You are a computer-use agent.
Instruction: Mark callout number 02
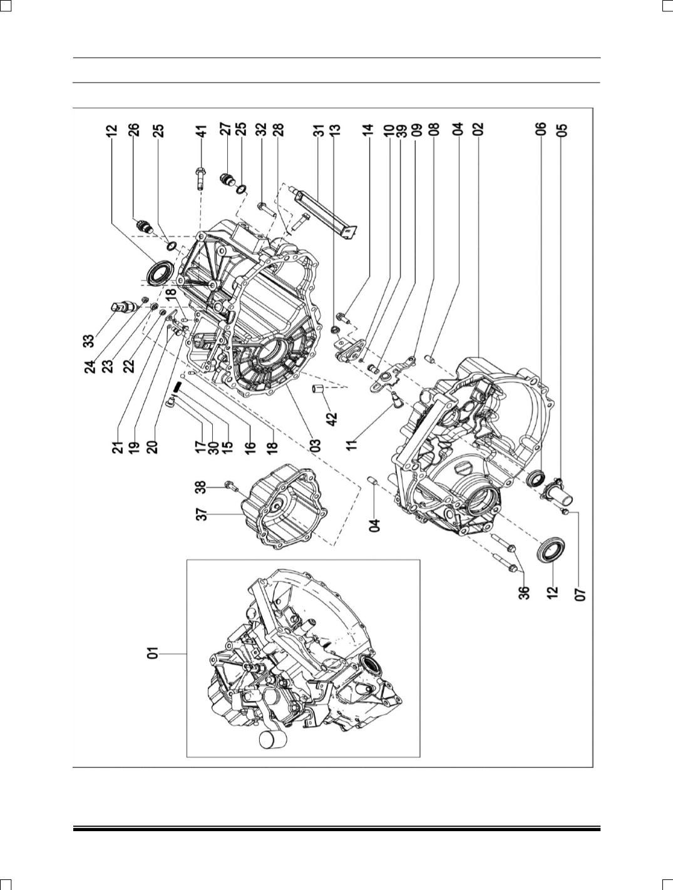pos(478,130)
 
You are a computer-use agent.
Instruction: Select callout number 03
pos(316,445)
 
